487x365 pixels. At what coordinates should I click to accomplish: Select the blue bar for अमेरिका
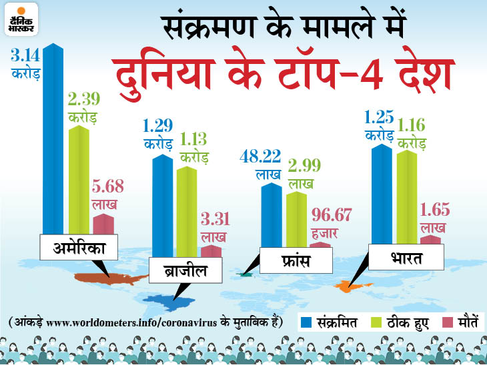click(x=53, y=140)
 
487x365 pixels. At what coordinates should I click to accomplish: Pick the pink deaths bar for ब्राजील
click(x=211, y=251)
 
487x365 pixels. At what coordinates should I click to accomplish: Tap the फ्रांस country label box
click(x=296, y=260)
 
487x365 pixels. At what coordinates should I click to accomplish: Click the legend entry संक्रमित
click(x=330, y=323)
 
